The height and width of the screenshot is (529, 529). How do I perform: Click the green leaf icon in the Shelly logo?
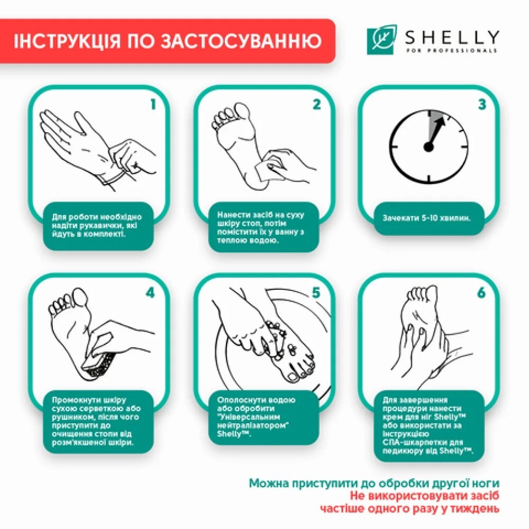(x=380, y=41)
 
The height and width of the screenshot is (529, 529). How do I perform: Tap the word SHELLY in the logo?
(x=451, y=37)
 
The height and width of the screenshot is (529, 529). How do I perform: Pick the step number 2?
(x=316, y=104)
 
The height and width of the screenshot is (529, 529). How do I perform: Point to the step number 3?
(x=481, y=104)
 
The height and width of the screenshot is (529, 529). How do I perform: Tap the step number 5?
(x=316, y=293)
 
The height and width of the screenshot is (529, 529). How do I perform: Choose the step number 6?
(x=481, y=293)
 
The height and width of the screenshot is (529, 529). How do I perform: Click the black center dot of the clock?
(x=428, y=147)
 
